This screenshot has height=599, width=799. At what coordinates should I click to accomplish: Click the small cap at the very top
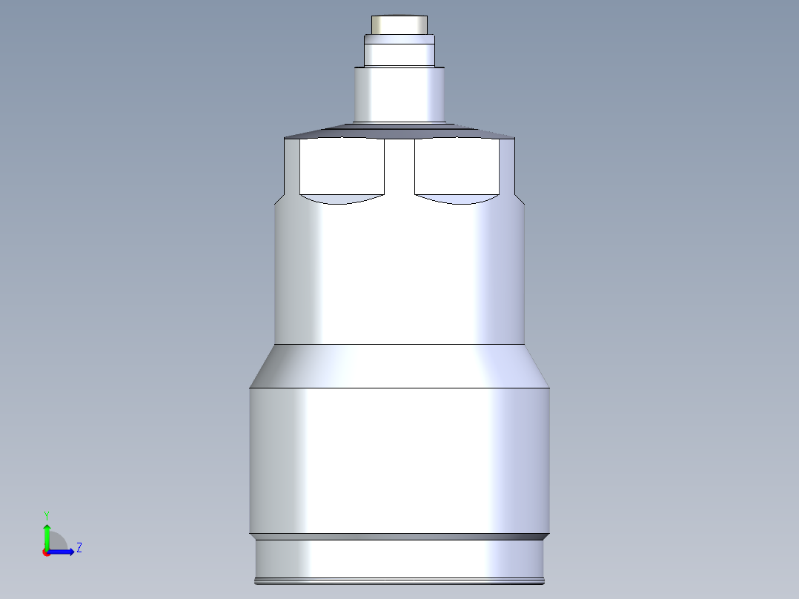(x=399, y=25)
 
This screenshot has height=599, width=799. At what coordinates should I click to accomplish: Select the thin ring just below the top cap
(x=399, y=39)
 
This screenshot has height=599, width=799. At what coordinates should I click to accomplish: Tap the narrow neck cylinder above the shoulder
(x=399, y=95)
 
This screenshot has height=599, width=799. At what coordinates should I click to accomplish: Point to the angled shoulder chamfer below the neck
(x=399, y=130)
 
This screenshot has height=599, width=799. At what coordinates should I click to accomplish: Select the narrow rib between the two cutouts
(x=399, y=165)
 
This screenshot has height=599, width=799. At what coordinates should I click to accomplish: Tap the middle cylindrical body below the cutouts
(x=399, y=275)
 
